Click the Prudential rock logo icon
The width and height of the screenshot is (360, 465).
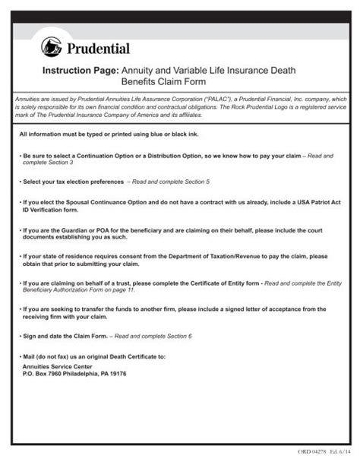tap(52, 47)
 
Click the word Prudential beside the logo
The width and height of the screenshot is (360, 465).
tap(99, 49)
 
